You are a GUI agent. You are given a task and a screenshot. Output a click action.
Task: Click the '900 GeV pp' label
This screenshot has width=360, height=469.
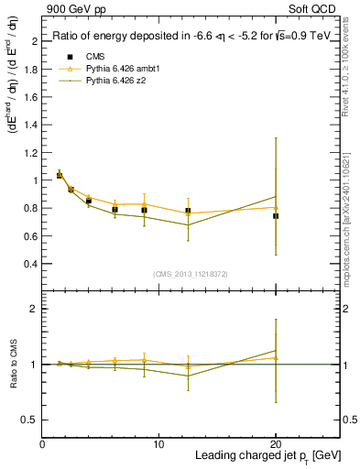(76, 8)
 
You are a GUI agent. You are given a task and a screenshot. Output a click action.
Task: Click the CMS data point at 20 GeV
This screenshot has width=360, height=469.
(276, 216)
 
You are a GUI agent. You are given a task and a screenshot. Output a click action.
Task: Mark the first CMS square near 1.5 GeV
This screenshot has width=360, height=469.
(60, 175)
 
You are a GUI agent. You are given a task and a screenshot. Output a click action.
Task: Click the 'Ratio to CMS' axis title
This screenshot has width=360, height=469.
(14, 365)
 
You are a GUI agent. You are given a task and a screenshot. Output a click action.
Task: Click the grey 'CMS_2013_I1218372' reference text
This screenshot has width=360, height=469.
(191, 274)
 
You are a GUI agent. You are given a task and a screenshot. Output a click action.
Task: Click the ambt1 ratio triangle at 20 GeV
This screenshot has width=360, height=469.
(276, 358)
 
